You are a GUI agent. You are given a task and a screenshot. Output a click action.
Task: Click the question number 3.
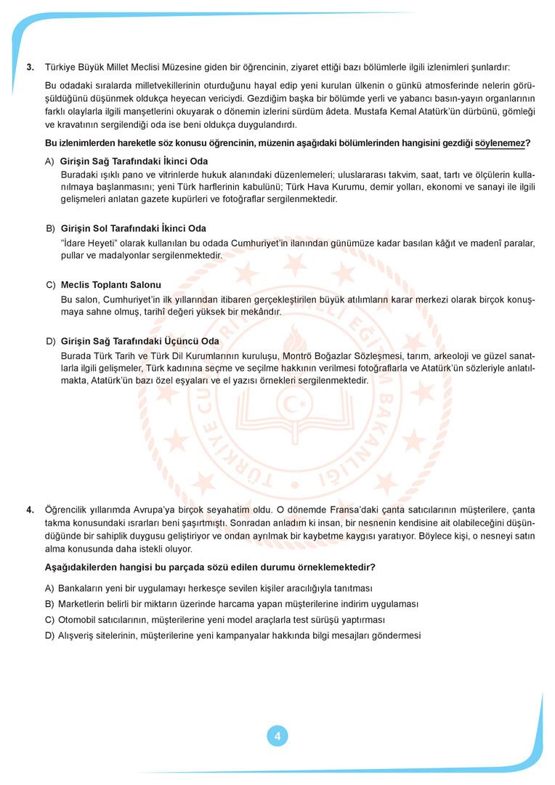point(30,67)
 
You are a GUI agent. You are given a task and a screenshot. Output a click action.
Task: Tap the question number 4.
point(30,510)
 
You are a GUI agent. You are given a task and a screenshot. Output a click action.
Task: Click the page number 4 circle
point(277,736)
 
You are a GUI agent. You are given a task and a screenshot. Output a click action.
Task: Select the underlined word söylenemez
point(499,143)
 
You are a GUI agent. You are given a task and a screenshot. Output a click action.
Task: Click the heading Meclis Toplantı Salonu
point(111,285)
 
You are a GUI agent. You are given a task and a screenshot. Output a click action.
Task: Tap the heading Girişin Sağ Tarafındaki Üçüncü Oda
point(139,341)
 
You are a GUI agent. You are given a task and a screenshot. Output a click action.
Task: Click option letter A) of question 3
point(49,161)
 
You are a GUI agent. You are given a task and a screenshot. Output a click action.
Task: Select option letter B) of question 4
point(49,604)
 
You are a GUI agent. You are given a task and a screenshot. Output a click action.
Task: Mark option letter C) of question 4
point(49,620)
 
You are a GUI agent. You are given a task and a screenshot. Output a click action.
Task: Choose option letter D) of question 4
point(49,636)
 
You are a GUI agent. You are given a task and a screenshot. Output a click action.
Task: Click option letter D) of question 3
point(50,341)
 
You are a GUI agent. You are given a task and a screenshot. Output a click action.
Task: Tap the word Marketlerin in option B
point(81,604)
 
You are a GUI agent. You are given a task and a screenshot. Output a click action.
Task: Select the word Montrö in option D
point(309,356)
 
